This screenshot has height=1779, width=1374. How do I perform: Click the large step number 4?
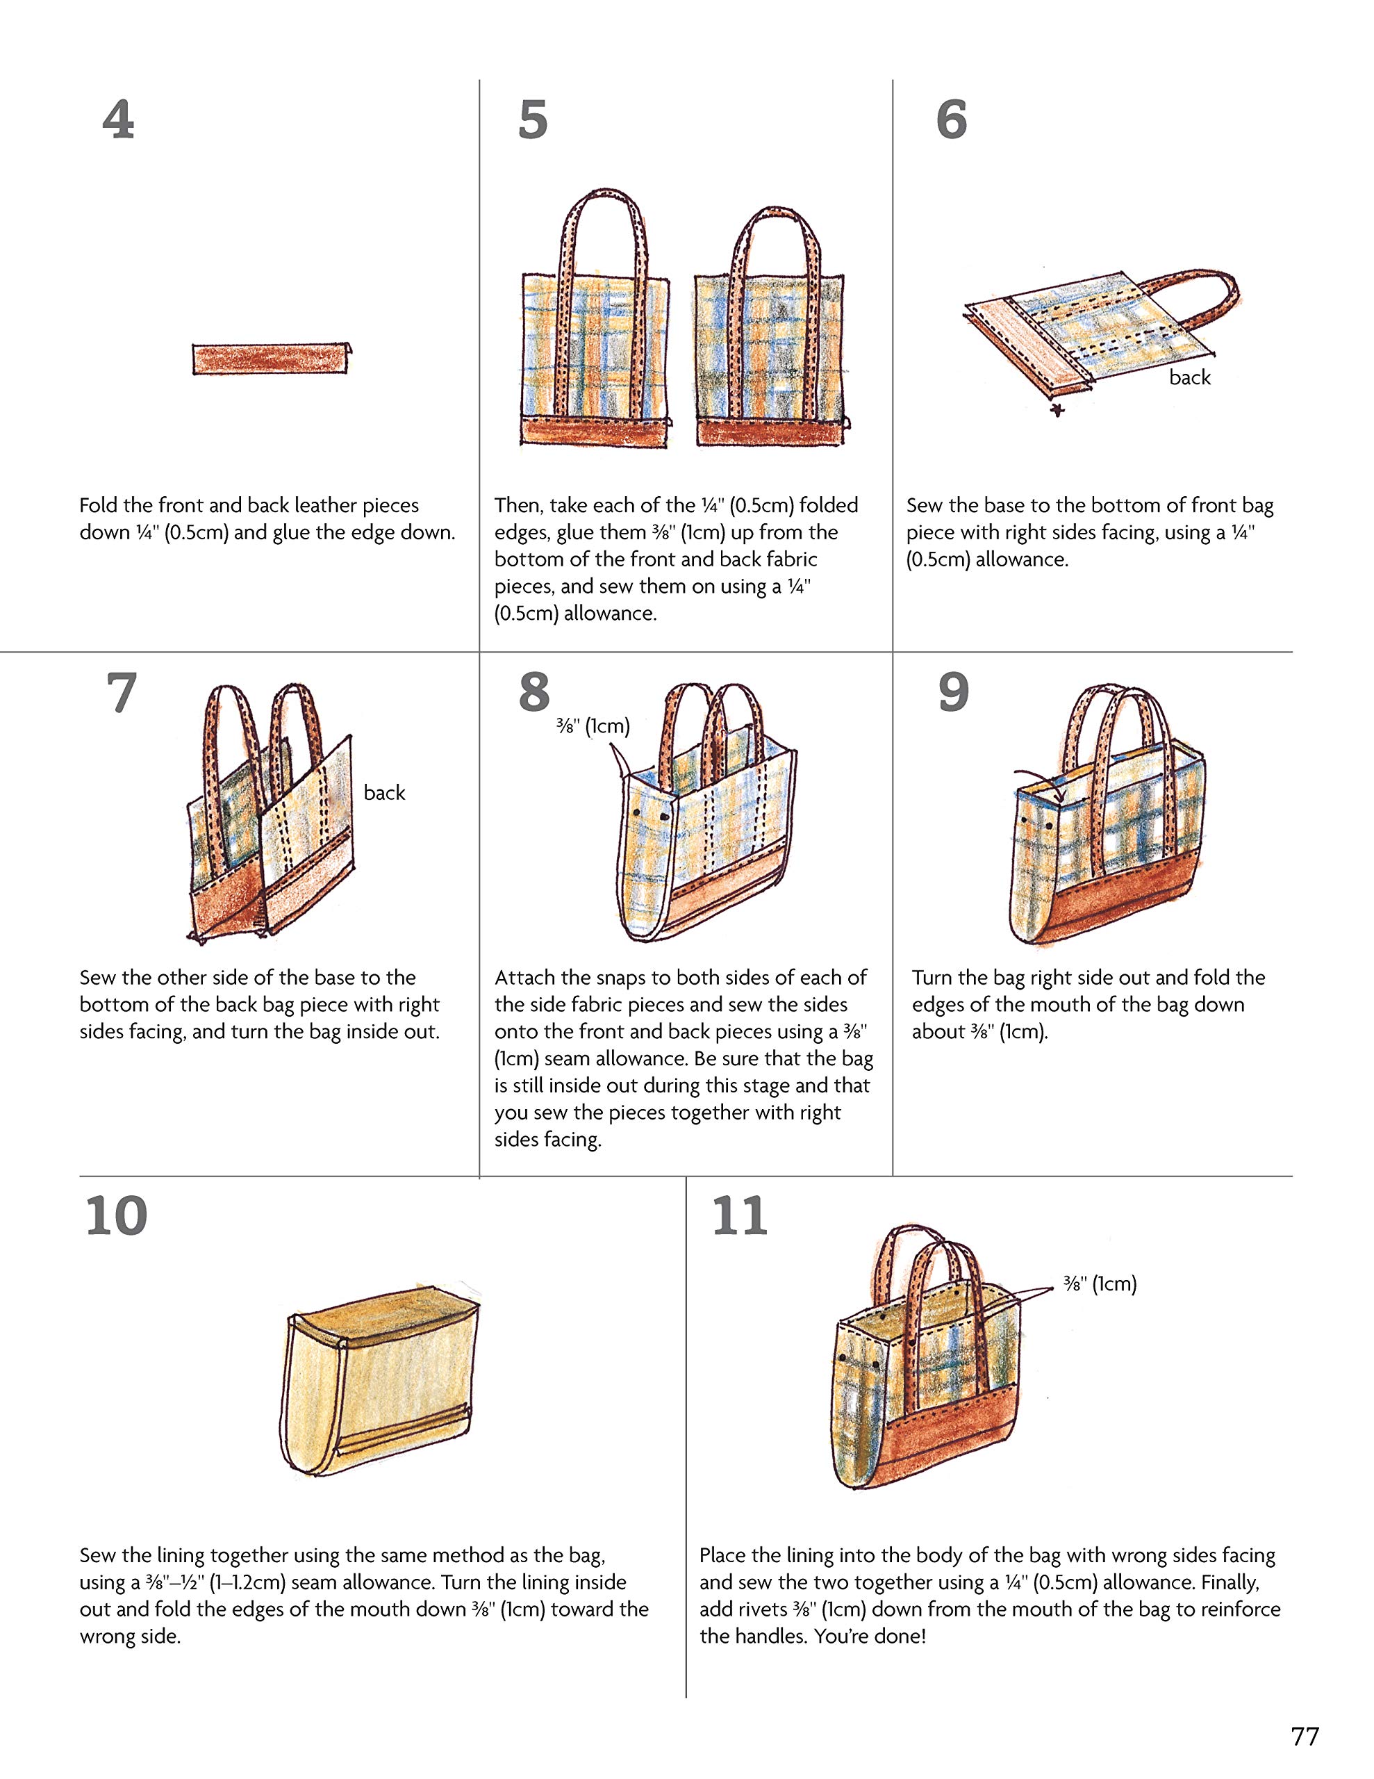(118, 120)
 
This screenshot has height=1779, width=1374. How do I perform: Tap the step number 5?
(533, 120)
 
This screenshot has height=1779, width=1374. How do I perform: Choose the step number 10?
(117, 1216)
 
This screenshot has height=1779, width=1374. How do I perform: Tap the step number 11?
(740, 1216)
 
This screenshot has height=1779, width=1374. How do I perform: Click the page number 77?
(1305, 1736)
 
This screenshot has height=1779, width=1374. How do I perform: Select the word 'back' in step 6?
(1190, 377)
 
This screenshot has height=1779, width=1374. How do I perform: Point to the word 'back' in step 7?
(384, 793)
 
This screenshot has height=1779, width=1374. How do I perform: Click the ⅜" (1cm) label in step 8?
(593, 725)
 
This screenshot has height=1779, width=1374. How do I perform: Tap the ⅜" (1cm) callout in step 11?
(1100, 1284)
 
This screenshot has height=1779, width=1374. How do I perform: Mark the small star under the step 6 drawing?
(1057, 410)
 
